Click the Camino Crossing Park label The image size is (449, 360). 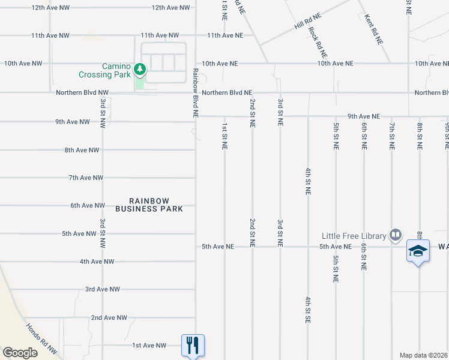(x=104, y=70)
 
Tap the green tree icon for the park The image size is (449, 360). (x=140, y=70)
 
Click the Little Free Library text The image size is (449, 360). (x=354, y=236)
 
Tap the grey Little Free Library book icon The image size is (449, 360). (x=395, y=235)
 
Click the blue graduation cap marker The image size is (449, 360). (x=418, y=251)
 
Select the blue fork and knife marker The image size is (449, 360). (x=193, y=345)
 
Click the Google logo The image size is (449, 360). (x=20, y=353)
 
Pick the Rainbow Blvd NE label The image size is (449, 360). (x=196, y=91)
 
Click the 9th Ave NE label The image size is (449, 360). (x=364, y=116)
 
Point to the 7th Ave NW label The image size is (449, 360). (x=86, y=178)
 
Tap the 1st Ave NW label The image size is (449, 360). (x=149, y=345)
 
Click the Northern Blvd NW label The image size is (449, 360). (x=82, y=92)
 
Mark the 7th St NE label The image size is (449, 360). (x=391, y=136)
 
